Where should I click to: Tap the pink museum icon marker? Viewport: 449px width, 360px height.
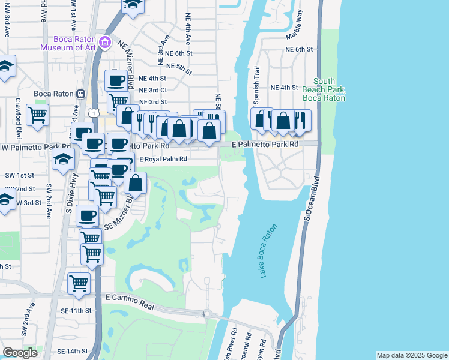pos(106,41)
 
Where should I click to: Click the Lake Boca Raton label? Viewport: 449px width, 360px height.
pos(269,251)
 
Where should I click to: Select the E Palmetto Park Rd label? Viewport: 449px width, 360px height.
pos(265,145)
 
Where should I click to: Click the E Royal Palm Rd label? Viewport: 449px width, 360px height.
pos(164,159)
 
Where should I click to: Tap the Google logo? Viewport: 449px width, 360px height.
pos(20,353)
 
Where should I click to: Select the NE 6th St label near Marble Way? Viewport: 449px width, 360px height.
pos(300,49)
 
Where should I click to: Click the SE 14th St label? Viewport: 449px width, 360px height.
pos(73,351)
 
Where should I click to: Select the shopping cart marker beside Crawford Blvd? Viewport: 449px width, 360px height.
pos(38,115)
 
